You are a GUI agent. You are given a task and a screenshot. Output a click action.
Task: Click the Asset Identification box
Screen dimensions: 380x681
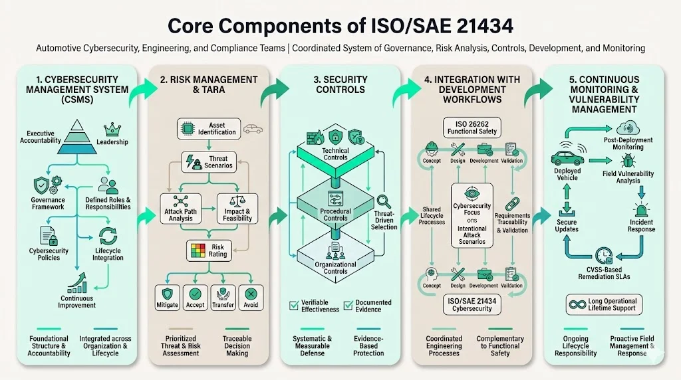(x=208, y=128)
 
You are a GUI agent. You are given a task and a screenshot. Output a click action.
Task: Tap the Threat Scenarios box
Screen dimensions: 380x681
(x=208, y=161)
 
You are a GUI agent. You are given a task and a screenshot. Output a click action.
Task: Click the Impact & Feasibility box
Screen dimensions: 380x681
(x=237, y=207)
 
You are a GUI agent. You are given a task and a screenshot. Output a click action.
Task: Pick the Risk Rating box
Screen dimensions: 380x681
(x=208, y=250)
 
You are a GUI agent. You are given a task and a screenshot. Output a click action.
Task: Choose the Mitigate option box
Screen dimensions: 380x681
(x=167, y=297)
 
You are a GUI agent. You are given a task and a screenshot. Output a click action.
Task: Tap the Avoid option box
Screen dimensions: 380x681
(x=251, y=297)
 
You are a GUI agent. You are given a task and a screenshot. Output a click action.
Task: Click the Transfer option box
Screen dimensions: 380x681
(x=223, y=297)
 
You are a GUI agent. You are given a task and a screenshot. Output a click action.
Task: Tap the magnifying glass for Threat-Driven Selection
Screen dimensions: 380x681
(x=384, y=201)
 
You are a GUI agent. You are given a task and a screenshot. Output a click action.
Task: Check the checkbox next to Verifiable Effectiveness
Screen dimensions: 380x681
(x=294, y=306)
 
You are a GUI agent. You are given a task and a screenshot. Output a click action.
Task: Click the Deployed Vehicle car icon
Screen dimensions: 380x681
(x=567, y=157)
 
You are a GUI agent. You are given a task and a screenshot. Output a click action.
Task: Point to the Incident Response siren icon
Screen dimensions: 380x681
(x=641, y=210)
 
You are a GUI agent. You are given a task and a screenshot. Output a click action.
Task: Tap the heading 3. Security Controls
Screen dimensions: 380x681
(x=340, y=84)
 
